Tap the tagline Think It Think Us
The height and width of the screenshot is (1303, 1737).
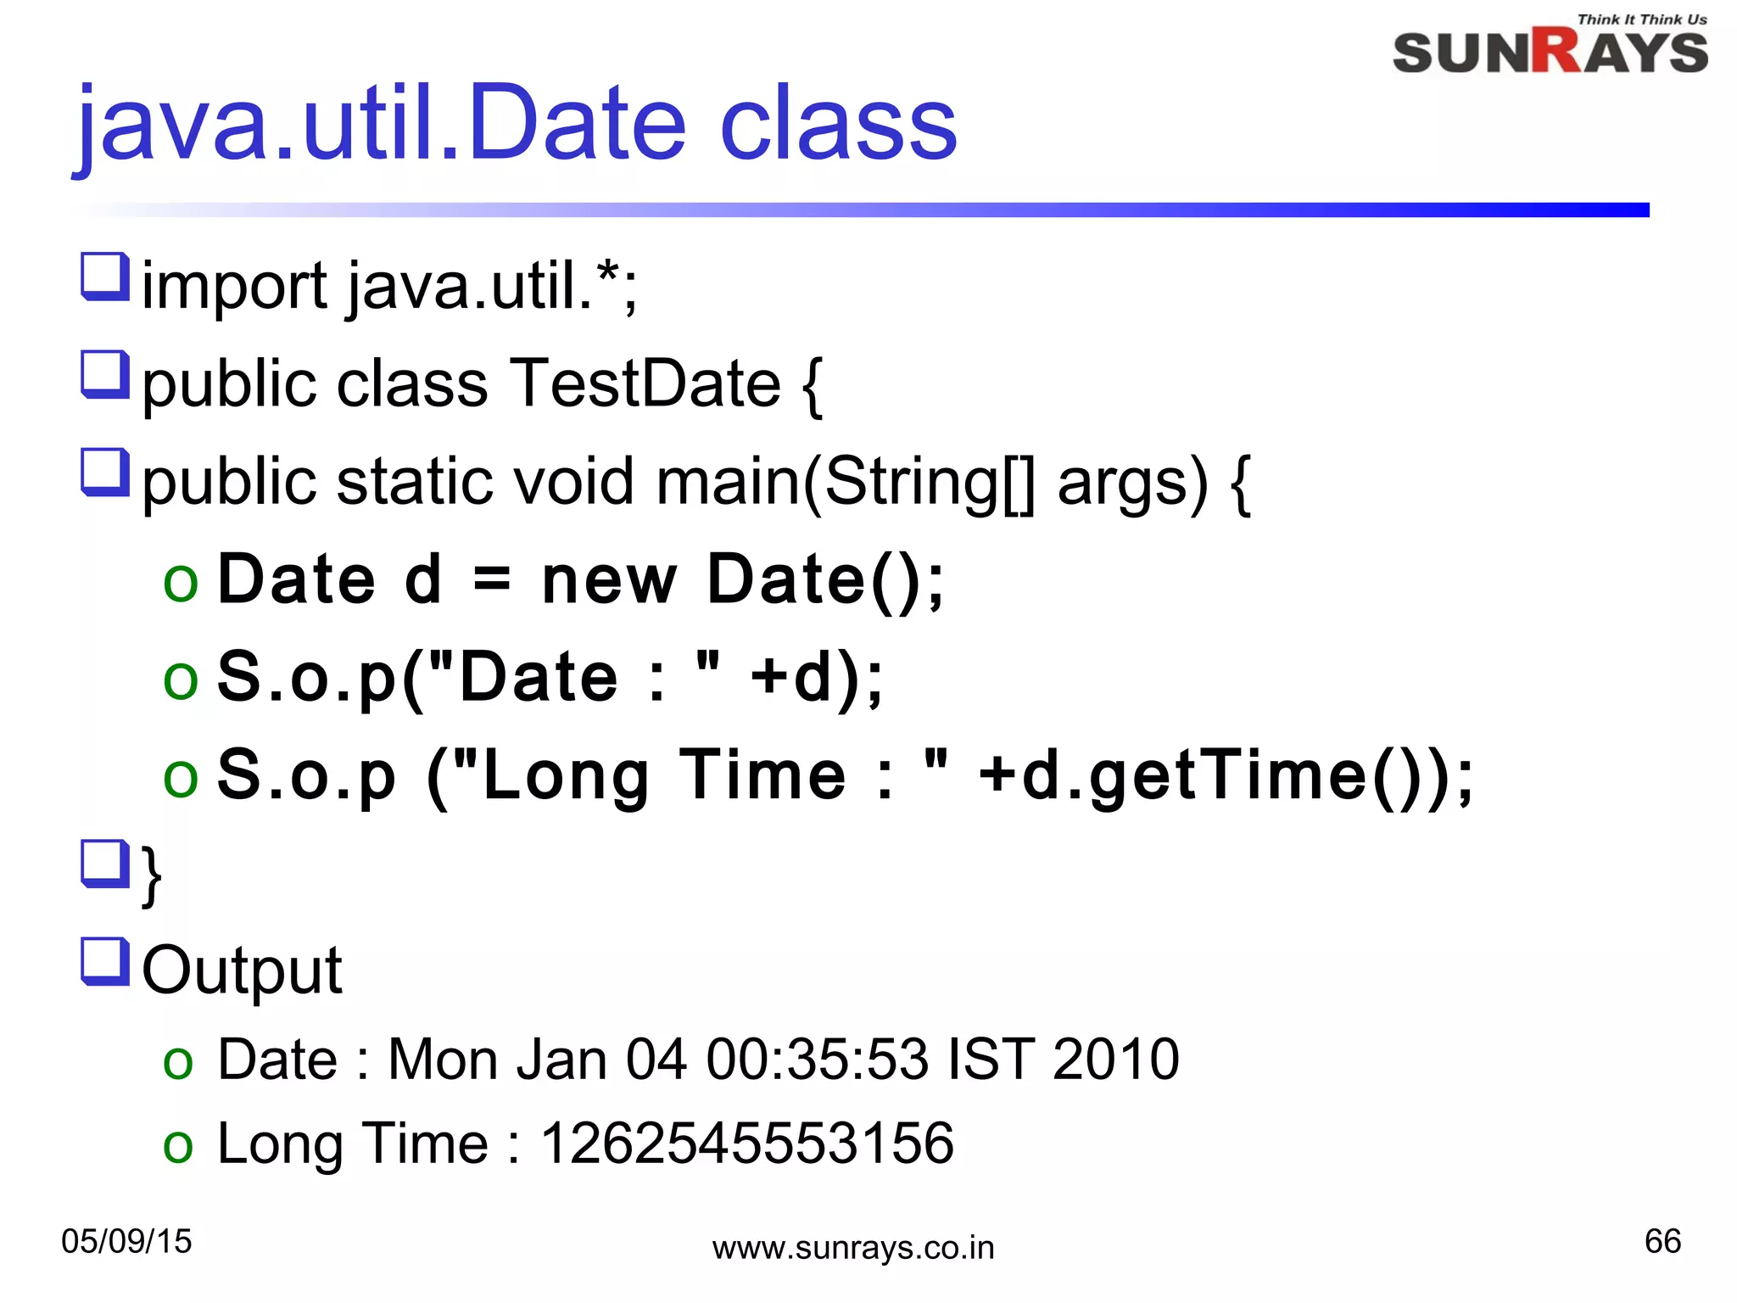click(1641, 19)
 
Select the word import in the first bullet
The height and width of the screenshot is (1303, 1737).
click(234, 287)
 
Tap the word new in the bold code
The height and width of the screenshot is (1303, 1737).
click(608, 580)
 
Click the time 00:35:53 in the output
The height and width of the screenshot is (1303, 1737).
click(817, 1060)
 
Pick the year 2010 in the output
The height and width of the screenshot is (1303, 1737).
click(1115, 1060)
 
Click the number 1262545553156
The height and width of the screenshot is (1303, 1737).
click(747, 1143)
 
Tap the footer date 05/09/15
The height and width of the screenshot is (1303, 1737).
click(126, 1241)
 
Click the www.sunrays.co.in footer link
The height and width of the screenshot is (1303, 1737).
click(852, 1248)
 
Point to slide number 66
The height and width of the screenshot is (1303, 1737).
click(1662, 1241)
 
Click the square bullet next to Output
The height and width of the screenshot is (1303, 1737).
click(105, 961)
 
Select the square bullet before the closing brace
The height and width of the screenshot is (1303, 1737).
click(105, 864)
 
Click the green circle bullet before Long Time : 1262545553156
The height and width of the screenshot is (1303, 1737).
click(179, 1146)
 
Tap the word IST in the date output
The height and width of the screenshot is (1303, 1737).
click(990, 1060)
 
